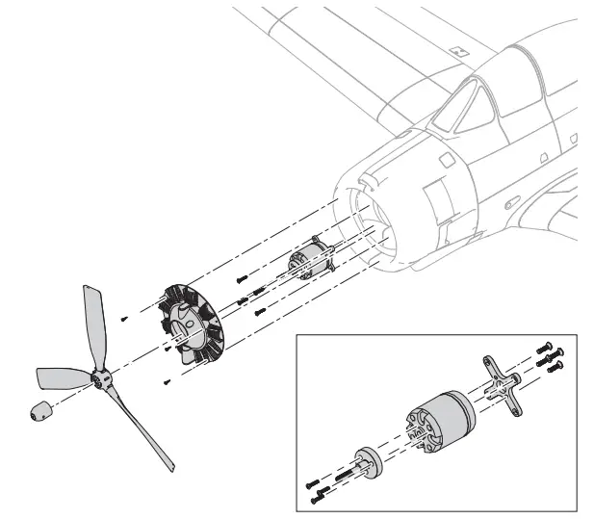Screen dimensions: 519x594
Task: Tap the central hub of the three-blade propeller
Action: [x=102, y=382]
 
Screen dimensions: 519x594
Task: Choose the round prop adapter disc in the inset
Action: [x=369, y=461]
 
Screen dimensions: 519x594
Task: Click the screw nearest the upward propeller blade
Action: [x=124, y=317]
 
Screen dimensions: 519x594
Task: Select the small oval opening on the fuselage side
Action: [x=547, y=157]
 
